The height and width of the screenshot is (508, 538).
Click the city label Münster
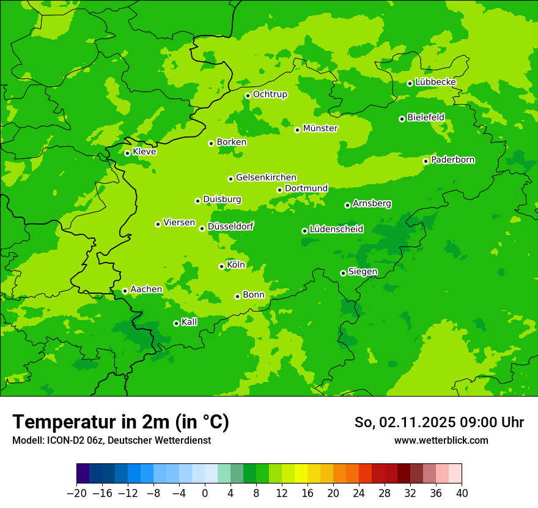[320, 129]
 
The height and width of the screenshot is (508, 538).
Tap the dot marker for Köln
[221, 266]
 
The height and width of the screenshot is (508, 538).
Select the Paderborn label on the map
[452, 160]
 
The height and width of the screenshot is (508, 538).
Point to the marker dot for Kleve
[127, 153]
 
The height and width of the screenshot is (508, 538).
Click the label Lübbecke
[435, 82]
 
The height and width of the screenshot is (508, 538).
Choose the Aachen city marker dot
[125, 291]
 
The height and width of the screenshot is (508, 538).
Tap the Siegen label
[363, 272]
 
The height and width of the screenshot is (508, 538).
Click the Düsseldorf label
[230, 226]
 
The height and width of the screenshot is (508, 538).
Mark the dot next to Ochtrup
[248, 95]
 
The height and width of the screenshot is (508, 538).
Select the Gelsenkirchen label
[266, 177]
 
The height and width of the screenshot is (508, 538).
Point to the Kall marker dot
[176, 323]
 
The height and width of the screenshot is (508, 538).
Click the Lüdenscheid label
[336, 230]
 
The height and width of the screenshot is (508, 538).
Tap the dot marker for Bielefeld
[402, 119]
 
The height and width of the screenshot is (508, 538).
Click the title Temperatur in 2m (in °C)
[121, 422]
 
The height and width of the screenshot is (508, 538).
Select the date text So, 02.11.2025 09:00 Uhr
[439, 422]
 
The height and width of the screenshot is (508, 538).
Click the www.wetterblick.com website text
[441, 440]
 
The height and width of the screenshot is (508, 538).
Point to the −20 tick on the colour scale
[76, 493]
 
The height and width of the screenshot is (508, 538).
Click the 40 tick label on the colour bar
[462, 493]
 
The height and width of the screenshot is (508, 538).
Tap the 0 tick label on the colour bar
[205, 493]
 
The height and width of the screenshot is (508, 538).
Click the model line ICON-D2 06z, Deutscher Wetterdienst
[111, 440]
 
